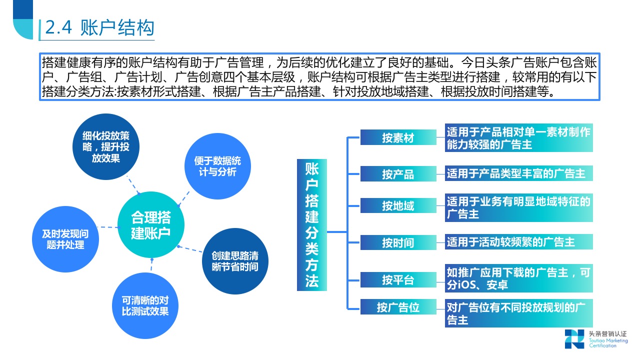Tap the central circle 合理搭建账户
click(x=150, y=225)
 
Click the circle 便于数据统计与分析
click(x=217, y=166)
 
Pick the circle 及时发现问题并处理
click(x=65, y=239)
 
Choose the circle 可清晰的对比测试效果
click(x=145, y=305)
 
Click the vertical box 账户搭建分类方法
click(x=311, y=225)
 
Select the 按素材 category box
click(x=398, y=137)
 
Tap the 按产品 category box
click(x=398, y=174)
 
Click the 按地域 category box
click(x=398, y=205)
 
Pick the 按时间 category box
click(x=398, y=242)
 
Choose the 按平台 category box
click(x=398, y=279)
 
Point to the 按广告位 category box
click(x=398, y=307)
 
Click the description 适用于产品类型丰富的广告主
click(x=518, y=173)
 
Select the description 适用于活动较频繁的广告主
click(x=518, y=242)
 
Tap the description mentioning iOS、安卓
click(x=518, y=278)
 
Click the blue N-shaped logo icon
click(x=574, y=338)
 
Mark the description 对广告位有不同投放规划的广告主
click(x=518, y=313)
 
